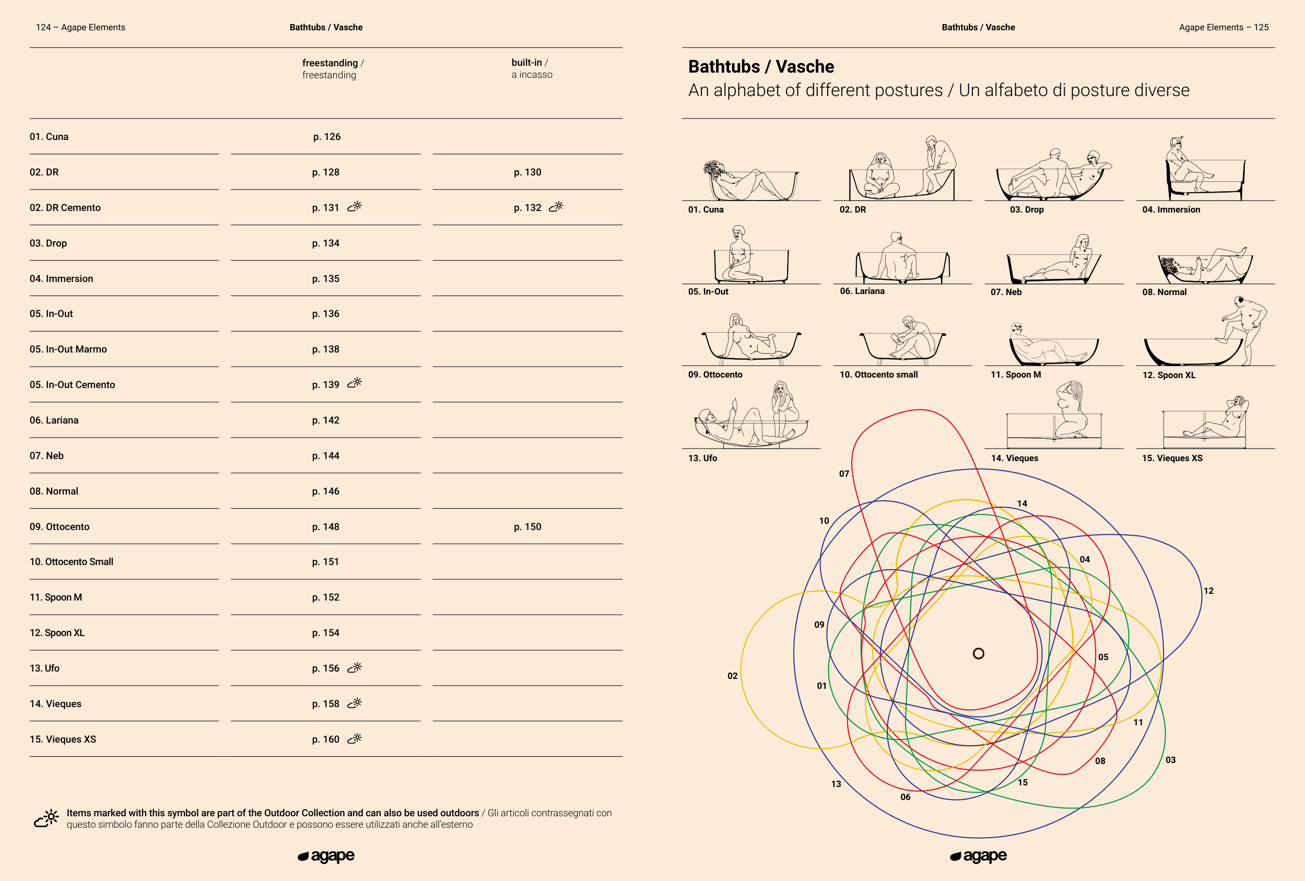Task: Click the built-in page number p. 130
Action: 527,172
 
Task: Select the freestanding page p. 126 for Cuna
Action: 327,137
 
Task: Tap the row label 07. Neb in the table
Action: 46,456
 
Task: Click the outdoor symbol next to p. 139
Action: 355,383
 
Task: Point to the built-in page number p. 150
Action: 527,527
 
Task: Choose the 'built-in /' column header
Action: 530,62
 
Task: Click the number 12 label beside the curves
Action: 1208,591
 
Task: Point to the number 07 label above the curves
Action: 844,474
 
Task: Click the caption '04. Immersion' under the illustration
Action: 1171,209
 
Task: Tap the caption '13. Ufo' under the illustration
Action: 702,458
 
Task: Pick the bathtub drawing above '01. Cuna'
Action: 751,180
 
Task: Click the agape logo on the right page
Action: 978,856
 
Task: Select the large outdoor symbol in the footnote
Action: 46,818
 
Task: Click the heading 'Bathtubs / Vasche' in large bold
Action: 761,67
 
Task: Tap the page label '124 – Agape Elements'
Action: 80,28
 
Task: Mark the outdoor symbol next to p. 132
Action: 556,207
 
